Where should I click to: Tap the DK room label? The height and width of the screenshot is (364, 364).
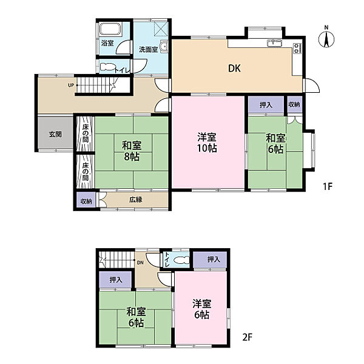tap(234, 68)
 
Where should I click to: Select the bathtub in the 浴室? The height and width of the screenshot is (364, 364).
tap(110, 30)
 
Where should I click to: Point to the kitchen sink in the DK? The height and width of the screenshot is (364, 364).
tap(275, 43)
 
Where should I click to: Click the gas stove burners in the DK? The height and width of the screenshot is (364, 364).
tap(297, 49)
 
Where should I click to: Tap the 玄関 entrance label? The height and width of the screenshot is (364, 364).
tap(55, 134)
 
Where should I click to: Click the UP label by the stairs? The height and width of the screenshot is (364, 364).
tap(71, 85)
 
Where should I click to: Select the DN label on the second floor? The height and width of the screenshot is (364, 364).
tap(141, 263)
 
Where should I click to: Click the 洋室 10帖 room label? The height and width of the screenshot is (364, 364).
tap(207, 143)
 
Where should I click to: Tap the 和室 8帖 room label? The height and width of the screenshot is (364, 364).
tap(132, 151)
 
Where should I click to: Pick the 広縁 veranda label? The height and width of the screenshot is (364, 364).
tap(136, 200)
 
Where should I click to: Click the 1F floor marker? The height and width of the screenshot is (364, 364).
tap(328, 186)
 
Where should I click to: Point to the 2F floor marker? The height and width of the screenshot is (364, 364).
tap(248, 337)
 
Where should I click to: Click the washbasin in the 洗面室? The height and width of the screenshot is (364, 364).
tap(164, 47)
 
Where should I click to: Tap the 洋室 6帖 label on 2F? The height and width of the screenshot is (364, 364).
tap(202, 309)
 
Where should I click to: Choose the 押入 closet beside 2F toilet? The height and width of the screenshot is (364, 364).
tap(210, 259)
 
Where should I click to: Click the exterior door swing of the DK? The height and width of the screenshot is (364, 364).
tap(312, 85)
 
